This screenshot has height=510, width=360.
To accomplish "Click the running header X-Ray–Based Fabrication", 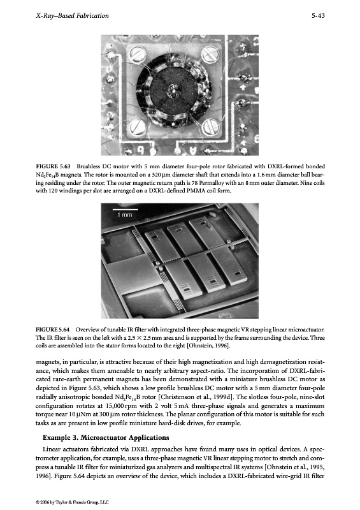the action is (72, 15).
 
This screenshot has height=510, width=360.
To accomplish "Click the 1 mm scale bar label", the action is (125, 215).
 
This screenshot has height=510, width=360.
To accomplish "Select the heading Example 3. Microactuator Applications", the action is (106, 437).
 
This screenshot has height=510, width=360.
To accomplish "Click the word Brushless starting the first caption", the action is (87, 166).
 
